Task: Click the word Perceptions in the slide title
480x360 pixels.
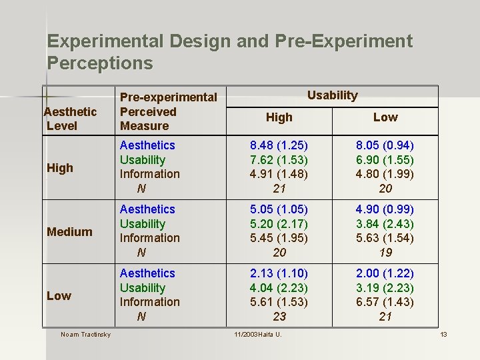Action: click(100, 64)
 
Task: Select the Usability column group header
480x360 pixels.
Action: click(332, 95)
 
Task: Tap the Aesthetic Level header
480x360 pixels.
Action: click(70, 119)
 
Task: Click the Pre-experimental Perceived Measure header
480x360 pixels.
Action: click(168, 111)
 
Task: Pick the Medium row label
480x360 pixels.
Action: click(69, 232)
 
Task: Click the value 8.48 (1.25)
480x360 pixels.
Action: click(279, 145)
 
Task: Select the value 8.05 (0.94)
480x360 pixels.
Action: click(385, 145)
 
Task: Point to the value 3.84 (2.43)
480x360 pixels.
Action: click(385, 224)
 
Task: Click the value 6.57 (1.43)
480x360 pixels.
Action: click(385, 302)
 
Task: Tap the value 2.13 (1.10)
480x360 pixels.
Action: click(279, 273)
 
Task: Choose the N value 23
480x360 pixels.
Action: click(279, 317)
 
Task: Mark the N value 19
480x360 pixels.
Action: click(385, 253)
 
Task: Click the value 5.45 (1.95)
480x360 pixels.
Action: click(279, 238)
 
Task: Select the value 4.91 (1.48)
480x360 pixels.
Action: click(279, 174)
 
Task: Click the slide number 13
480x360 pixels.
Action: click(443, 334)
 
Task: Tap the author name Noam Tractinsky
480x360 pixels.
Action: click(85, 334)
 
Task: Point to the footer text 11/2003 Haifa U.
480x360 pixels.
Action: click(258, 334)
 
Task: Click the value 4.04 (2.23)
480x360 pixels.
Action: click(279, 288)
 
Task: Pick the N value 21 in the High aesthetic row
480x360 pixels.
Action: click(279, 189)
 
